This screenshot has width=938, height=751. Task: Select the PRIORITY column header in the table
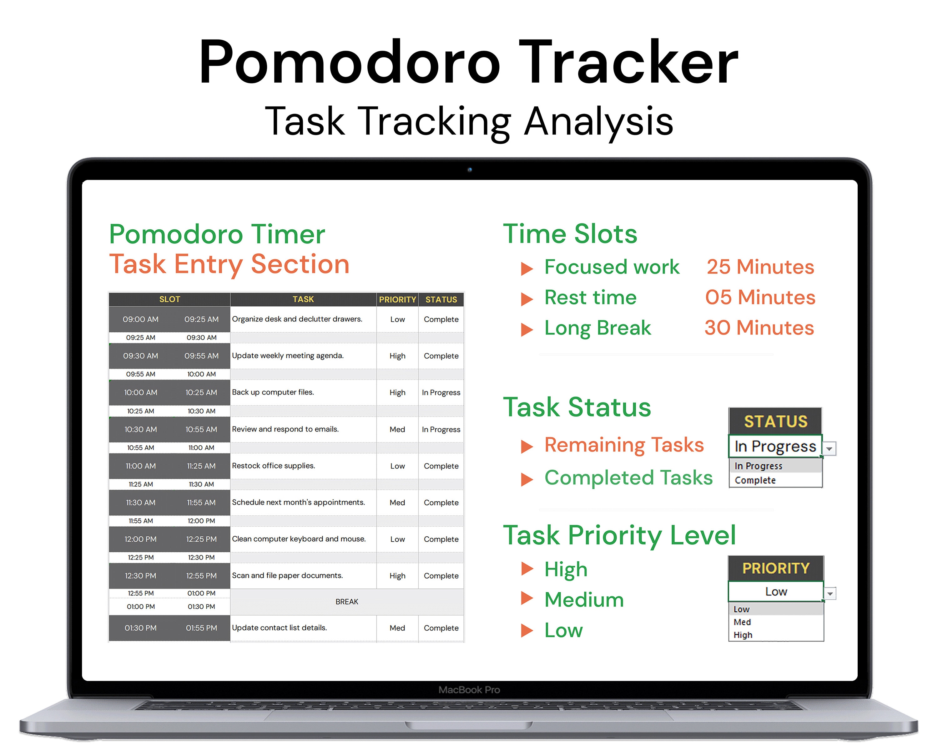click(x=397, y=299)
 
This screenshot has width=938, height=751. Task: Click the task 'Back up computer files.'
click(x=273, y=392)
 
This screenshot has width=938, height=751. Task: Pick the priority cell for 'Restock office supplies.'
click(x=397, y=466)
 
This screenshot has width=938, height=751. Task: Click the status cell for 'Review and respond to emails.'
click(x=441, y=429)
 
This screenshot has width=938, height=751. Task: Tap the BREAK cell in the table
click(x=347, y=601)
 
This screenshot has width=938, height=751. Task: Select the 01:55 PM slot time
click(x=201, y=628)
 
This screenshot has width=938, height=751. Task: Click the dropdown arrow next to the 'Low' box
click(x=830, y=593)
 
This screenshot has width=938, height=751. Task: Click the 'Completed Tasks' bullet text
click(x=628, y=478)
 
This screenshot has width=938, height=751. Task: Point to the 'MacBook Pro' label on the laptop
click(x=469, y=690)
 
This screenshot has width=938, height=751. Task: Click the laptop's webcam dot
click(x=469, y=170)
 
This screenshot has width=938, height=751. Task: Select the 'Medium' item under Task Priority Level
click(x=584, y=600)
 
